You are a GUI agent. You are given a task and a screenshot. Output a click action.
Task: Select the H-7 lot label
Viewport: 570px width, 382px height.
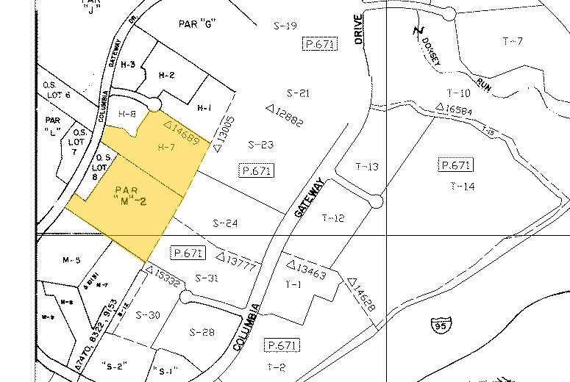(x=165, y=147)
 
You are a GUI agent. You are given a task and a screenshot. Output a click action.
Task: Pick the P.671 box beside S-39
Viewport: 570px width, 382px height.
(x=319, y=45)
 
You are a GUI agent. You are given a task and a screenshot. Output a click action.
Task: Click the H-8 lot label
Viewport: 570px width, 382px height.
(x=127, y=114)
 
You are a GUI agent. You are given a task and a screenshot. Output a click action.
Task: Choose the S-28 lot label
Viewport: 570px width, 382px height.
(x=201, y=332)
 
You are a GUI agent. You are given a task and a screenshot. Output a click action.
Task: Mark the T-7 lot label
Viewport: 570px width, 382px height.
(x=512, y=41)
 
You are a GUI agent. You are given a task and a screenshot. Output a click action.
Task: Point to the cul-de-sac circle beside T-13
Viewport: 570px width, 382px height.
(x=377, y=200)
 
